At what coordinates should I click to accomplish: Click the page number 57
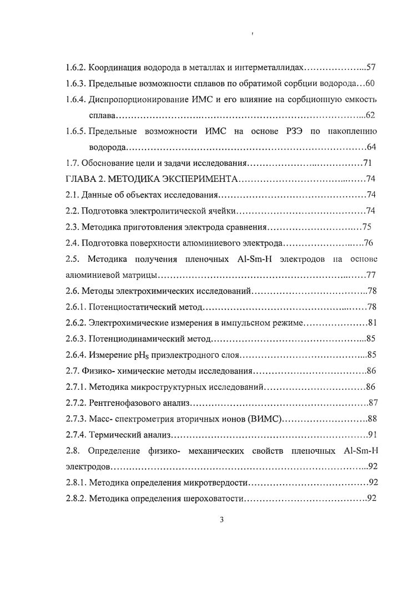click(x=371, y=68)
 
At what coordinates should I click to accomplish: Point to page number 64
click(x=372, y=147)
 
